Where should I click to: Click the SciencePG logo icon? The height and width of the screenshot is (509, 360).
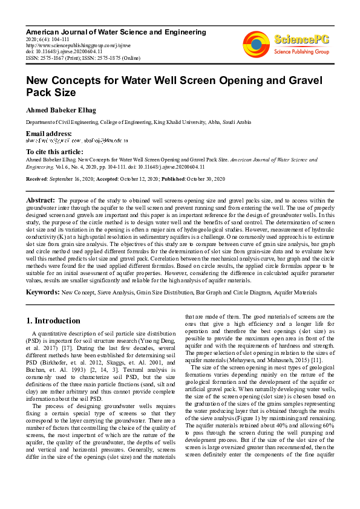pyautogui.click(x=256, y=44)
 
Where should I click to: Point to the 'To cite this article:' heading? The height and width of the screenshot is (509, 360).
pyautogui.click(x=55, y=151)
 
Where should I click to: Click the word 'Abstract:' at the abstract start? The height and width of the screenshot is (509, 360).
pyautogui.click(x=41, y=199)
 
